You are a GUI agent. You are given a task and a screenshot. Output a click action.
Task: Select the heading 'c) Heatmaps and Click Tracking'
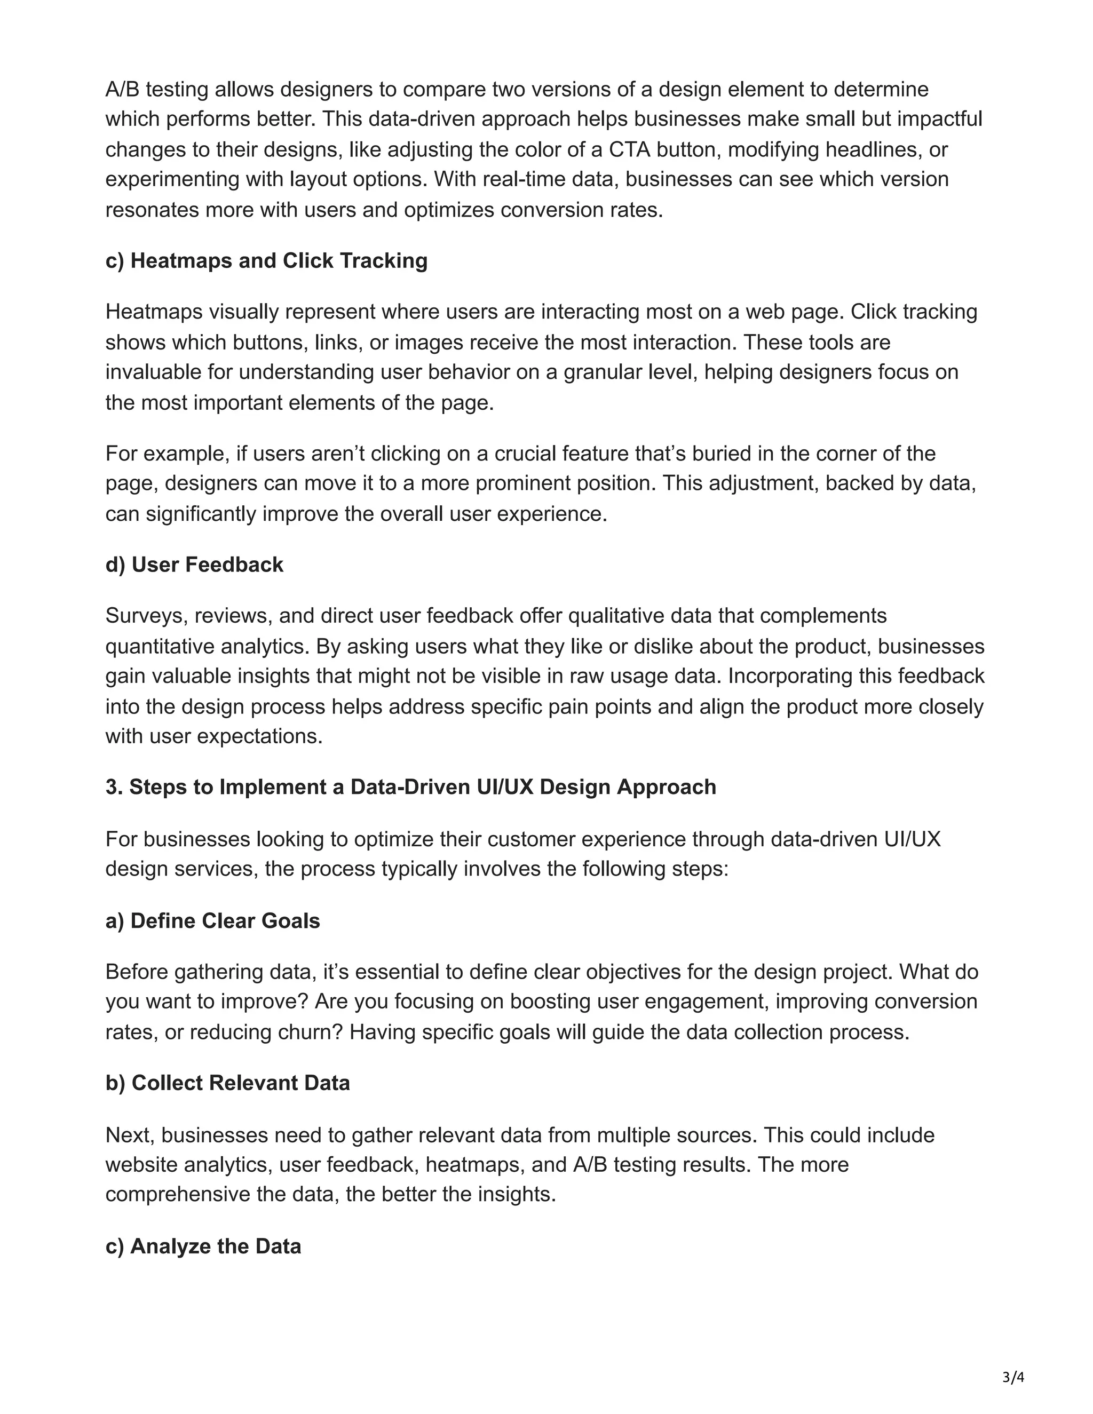click(x=266, y=261)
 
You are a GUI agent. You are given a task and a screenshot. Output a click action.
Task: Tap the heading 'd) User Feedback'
click(x=194, y=565)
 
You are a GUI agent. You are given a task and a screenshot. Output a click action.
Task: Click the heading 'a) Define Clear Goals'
click(x=212, y=920)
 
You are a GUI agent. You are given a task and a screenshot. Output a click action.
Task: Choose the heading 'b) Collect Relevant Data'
click(x=227, y=1083)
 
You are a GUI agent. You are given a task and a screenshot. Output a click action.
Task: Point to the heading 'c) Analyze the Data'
click(x=203, y=1246)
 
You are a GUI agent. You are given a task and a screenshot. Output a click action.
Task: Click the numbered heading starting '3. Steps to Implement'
click(x=410, y=787)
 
